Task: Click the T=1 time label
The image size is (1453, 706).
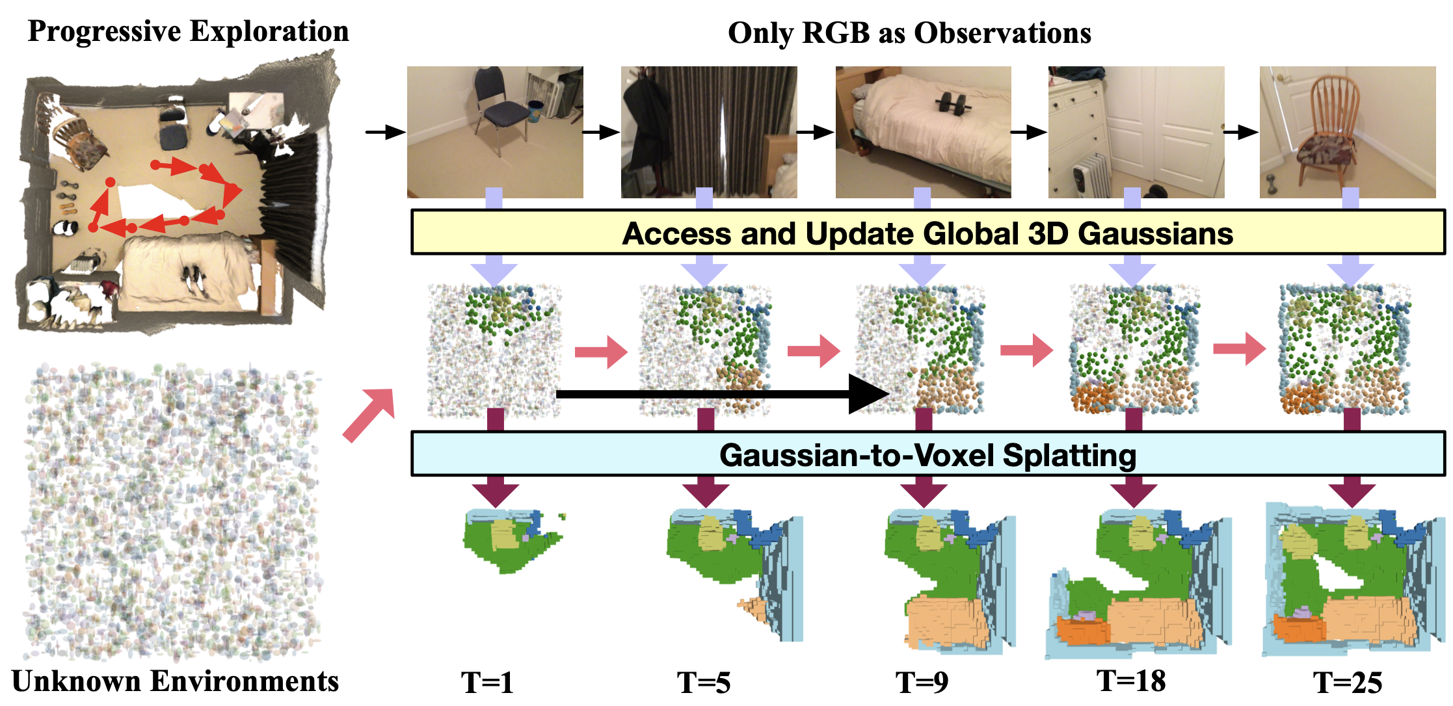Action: [487, 683]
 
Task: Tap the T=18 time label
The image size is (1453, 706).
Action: [1131, 681]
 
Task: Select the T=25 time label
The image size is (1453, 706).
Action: [1347, 683]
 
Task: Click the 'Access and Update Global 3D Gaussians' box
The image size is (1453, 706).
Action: [927, 233]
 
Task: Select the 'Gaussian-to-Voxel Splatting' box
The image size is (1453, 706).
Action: [927, 454]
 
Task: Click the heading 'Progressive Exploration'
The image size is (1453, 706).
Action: [188, 31]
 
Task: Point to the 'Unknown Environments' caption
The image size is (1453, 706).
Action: [175, 681]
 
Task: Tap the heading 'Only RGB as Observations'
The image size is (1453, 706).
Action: [909, 33]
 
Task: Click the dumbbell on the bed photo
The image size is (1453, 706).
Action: [952, 102]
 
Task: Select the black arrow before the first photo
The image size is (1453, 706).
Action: [385, 133]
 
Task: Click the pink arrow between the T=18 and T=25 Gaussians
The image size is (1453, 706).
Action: [1239, 349]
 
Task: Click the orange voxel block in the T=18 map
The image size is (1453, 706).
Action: [1083, 629]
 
